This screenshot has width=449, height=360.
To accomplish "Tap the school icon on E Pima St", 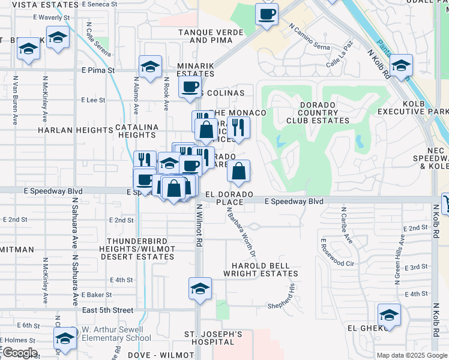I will (x=150, y=67).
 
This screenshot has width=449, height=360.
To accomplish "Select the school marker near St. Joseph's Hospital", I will (x=200, y=289).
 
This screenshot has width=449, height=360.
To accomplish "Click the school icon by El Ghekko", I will (x=389, y=315).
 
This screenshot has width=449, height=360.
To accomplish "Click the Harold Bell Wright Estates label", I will (x=256, y=269).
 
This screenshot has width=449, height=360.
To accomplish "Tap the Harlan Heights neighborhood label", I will (x=67, y=130).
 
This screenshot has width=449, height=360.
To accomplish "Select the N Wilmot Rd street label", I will (x=198, y=225).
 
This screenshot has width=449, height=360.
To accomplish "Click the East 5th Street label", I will (x=107, y=310).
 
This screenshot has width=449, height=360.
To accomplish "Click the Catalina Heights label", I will (x=136, y=131).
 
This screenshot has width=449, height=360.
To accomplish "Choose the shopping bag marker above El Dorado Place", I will (x=238, y=171).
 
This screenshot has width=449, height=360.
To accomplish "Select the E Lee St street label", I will (x=93, y=100).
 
